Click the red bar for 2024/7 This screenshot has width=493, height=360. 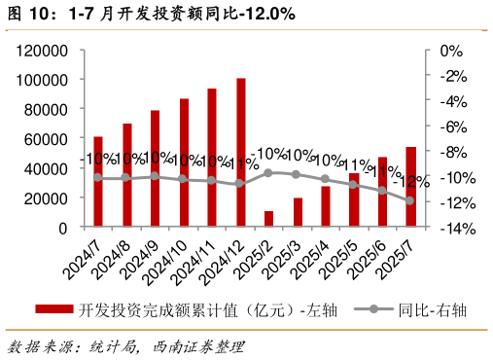point(97,182)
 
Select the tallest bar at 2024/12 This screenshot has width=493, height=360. point(240,153)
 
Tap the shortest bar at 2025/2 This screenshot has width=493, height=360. point(268,219)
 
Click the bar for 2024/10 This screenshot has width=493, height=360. point(183,162)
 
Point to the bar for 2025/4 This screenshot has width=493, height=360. point(326,206)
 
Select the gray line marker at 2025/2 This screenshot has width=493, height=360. point(268,172)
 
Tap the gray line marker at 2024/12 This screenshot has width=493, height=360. point(240,183)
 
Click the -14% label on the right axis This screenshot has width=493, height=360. point(455,229)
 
